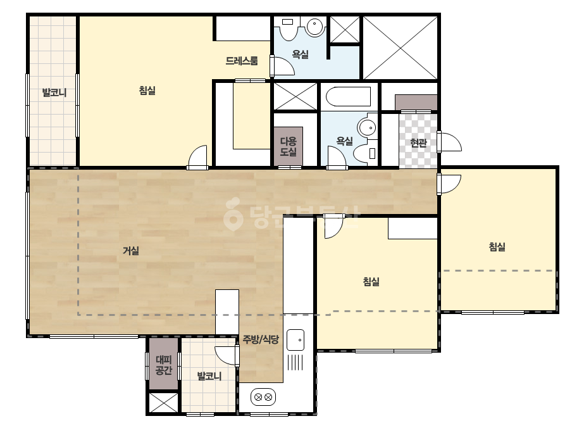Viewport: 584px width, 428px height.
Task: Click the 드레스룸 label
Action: pos(242,61)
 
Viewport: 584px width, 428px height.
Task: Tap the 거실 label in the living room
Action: pos(131,251)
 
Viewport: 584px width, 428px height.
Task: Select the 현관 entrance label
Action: pos(418,143)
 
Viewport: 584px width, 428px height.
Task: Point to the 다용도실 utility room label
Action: pos(289,146)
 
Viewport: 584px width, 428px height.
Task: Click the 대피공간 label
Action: pos(163,365)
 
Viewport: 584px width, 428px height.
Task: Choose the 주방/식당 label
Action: pos(261,339)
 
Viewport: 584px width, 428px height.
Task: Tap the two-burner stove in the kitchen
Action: pos(263,397)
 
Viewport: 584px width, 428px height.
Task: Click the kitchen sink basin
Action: pos(295,339)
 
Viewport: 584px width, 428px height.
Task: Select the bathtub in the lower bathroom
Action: pos(348,97)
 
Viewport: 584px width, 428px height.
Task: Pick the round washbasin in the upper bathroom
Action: pos(314,27)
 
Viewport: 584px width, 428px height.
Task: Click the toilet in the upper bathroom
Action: pos(288,28)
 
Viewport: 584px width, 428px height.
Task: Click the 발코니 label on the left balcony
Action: pos(54,92)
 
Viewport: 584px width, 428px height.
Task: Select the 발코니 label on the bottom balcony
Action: pos(209,375)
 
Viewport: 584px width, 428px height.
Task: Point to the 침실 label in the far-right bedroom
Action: pos(497,246)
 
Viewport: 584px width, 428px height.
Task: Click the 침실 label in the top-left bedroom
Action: pos(147,91)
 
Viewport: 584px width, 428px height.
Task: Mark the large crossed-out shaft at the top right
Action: pos(400,47)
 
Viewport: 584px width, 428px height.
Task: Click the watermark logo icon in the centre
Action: pos(233,215)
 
